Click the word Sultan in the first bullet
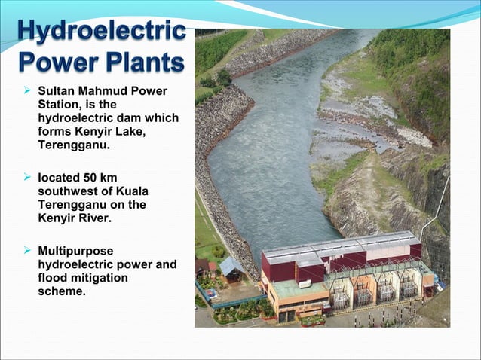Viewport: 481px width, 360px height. coord(55,92)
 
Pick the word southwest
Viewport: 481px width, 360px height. coord(66,191)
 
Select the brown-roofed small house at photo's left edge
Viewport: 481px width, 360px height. coord(202,265)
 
